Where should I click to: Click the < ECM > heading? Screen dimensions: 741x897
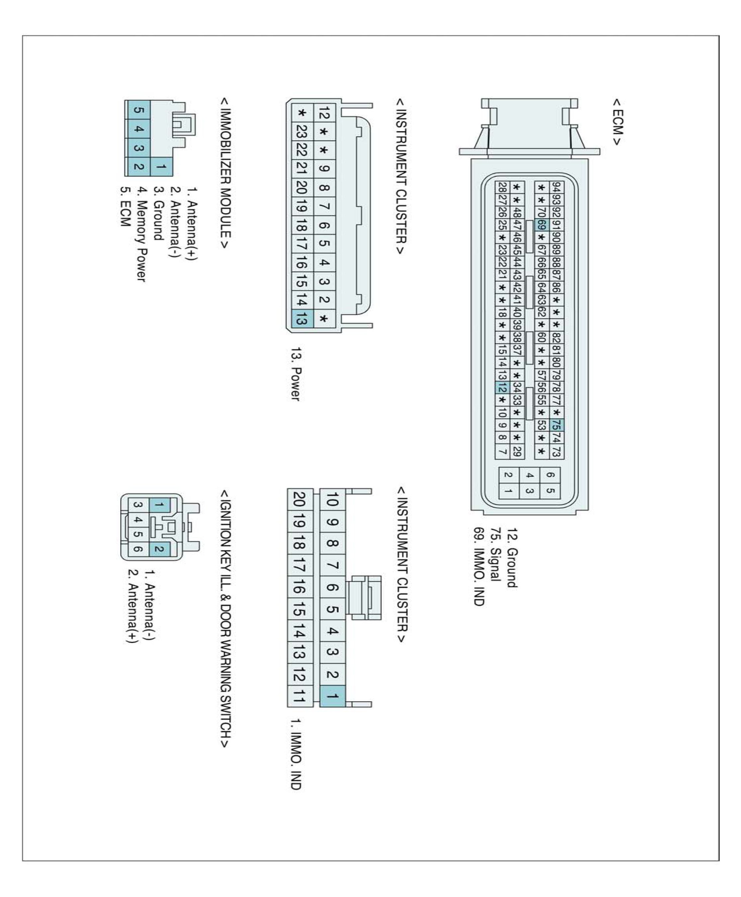coord(617,123)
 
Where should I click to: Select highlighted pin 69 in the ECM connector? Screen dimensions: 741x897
coord(541,225)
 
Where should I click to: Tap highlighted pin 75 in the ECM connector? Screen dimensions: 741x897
coord(556,425)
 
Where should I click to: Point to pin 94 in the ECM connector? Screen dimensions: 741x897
coord(556,187)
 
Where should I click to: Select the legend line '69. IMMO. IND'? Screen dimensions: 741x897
coord(479,567)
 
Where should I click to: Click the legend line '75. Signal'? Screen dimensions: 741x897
coord(495,555)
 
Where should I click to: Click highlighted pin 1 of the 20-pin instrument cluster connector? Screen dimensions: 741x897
coord(332,696)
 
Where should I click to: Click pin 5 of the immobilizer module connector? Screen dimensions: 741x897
coord(138,110)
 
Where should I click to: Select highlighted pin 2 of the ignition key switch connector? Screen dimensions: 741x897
coord(159,549)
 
